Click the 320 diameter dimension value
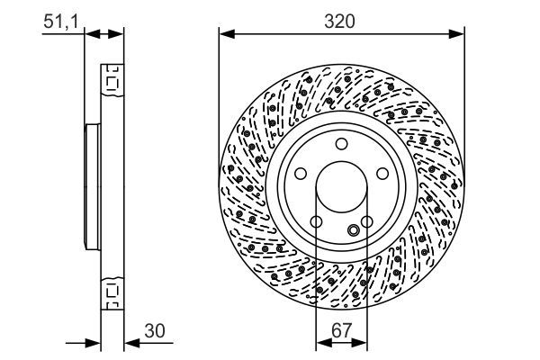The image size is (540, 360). click(x=341, y=19)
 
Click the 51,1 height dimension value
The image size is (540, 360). click(x=60, y=19)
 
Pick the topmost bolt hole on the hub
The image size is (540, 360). click(x=342, y=144)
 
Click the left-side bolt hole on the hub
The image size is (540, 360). click(x=301, y=175)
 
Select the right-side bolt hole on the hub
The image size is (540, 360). click(x=383, y=175)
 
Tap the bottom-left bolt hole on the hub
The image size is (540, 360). click(x=317, y=223)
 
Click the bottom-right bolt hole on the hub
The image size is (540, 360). click(x=368, y=223)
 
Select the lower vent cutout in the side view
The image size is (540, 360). click(x=112, y=290)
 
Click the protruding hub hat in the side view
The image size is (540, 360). click(x=91, y=186)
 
